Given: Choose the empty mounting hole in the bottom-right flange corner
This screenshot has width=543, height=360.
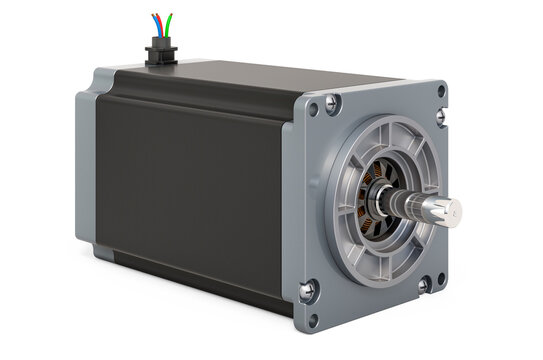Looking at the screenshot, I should (431, 311).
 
